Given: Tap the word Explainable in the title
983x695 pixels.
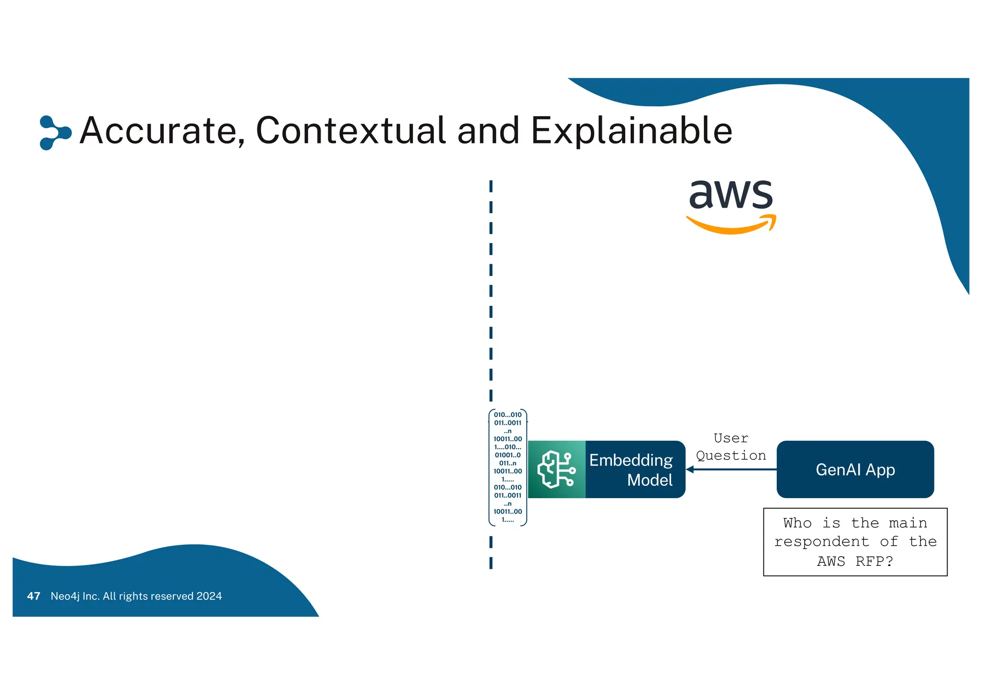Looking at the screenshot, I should click(631, 131).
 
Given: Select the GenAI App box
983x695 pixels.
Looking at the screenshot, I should click(855, 469).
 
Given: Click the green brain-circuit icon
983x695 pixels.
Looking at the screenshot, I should click(556, 469).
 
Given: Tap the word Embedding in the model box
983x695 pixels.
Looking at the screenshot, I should click(631, 460).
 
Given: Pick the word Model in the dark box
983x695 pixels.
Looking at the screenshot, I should click(649, 480).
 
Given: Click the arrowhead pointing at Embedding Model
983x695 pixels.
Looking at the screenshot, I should click(690, 469).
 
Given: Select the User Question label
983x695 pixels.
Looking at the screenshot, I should click(731, 447).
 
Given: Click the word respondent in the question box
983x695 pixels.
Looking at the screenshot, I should click(821, 542).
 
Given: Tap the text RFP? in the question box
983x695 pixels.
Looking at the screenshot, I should click(874, 561).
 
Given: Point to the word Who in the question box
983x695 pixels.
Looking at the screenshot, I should click(797, 523).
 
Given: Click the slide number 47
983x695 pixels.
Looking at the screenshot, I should click(34, 596).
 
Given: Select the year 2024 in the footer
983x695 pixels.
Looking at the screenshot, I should click(209, 596).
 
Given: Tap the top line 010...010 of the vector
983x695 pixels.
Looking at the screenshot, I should click(507, 415).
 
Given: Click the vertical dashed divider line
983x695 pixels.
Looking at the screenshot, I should click(491, 288).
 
